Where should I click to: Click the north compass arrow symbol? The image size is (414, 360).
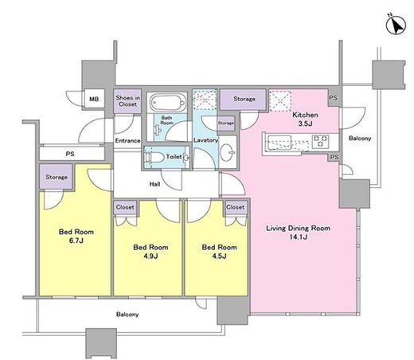396,25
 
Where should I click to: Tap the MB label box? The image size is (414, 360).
94,99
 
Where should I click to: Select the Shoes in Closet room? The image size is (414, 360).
127,101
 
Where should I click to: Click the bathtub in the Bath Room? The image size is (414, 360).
167,102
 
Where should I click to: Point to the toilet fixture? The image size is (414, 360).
154,157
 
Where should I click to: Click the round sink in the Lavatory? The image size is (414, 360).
228,152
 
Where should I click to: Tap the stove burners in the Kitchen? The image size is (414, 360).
321,141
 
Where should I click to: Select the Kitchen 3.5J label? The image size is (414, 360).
305,119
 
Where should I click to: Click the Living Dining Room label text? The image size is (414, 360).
299,233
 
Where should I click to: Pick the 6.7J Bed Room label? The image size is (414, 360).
76,236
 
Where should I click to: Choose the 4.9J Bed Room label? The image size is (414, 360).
150,252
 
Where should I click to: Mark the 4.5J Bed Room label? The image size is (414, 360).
219,252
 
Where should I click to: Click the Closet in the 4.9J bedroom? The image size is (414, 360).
125,207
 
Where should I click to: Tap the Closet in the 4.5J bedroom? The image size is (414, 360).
236,207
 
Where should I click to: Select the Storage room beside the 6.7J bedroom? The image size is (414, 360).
56,177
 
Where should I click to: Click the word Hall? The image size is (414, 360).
154,184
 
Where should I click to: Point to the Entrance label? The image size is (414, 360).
127,140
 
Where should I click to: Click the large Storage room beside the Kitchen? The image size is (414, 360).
243,100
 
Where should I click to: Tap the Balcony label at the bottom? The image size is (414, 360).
127,315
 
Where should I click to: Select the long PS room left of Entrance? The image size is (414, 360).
72,154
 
